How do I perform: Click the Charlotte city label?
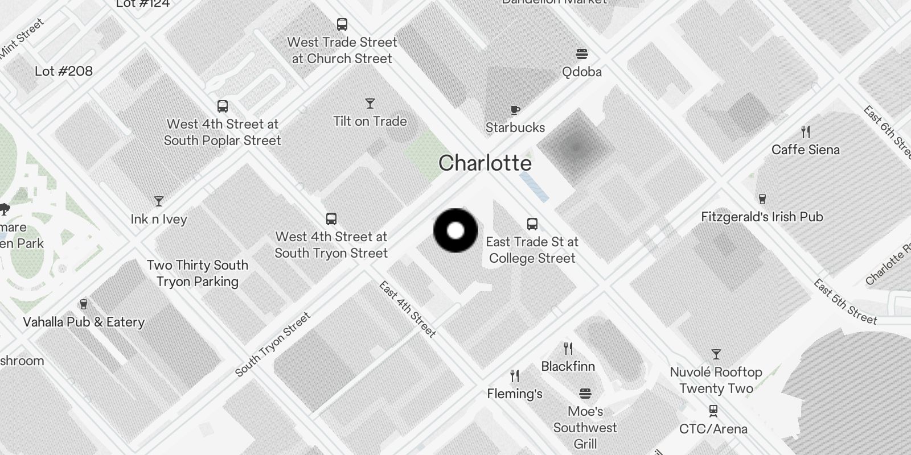485,163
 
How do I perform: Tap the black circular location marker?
455,230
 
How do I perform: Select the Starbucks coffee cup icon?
515,110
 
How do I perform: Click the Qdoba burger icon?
581,55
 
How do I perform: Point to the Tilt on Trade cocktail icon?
370,104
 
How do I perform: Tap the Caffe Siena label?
805,150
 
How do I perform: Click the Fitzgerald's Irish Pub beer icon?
762,199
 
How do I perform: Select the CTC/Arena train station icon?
713,411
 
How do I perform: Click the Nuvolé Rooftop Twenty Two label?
716,380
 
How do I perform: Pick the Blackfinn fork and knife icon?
568,348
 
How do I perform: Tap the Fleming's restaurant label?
515,394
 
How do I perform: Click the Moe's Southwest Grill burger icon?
585,394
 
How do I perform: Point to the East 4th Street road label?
408,309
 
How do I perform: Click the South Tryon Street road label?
273,344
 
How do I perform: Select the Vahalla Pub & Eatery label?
84,322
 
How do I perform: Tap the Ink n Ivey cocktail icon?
159,201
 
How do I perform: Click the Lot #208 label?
64,71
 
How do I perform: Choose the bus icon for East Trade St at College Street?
532,224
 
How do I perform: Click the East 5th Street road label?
845,302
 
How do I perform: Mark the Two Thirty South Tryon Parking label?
198,273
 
